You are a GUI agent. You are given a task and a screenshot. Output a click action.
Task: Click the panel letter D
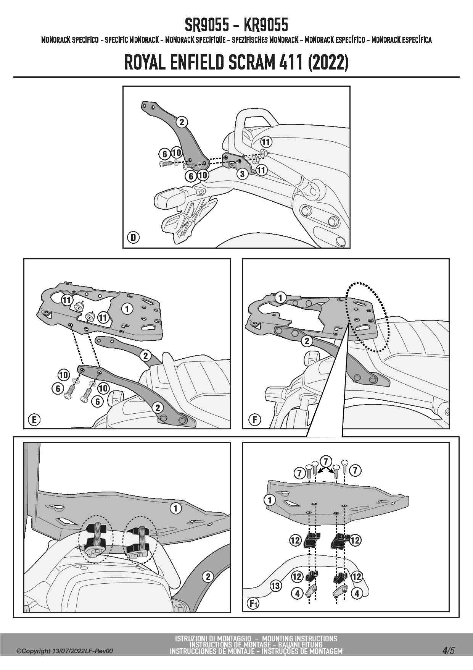click(x=133, y=238)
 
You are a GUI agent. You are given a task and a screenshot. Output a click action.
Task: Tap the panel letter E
click(x=34, y=420)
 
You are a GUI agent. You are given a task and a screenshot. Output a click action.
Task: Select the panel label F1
click(x=253, y=604)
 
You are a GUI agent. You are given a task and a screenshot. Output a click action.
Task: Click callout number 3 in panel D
click(x=243, y=174)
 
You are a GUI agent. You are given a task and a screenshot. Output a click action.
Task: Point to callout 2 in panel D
click(x=182, y=122)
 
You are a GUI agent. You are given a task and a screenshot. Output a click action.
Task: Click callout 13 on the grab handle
click(x=275, y=586)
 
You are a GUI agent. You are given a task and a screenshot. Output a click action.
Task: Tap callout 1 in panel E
click(x=127, y=309)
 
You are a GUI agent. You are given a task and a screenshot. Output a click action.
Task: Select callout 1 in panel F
click(x=281, y=297)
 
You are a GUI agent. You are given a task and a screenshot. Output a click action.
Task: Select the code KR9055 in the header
click(x=265, y=26)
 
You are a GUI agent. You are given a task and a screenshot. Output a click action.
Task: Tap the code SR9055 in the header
click(x=207, y=26)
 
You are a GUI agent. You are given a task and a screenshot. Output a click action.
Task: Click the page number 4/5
click(x=448, y=651)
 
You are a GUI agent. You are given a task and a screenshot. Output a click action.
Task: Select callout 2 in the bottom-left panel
click(x=208, y=576)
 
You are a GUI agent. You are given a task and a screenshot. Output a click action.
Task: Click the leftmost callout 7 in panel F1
click(x=299, y=473)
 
